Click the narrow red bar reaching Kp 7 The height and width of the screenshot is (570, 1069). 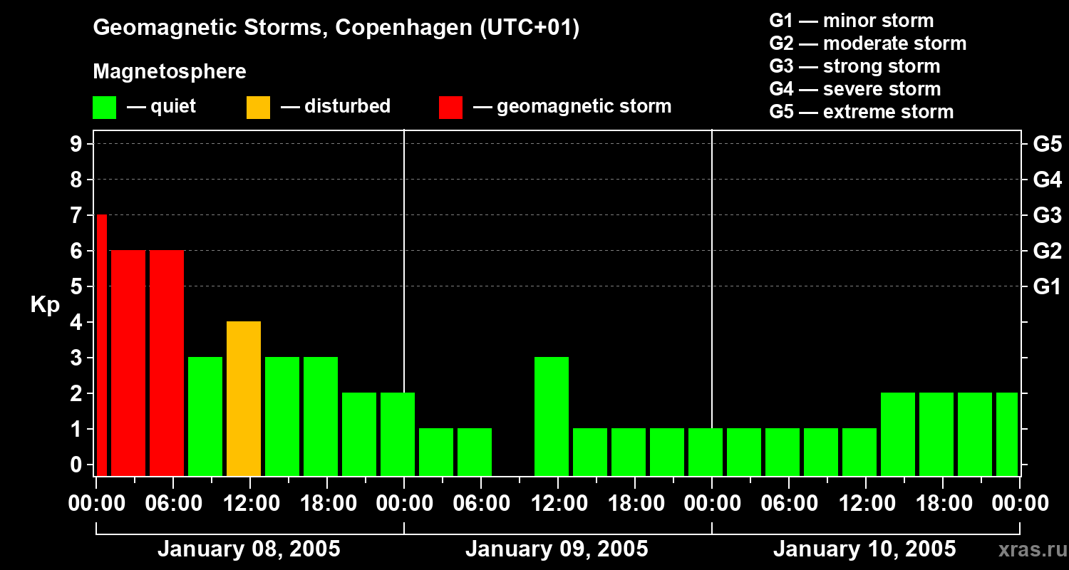(x=101, y=345)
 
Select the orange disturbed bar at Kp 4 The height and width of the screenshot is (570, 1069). (x=244, y=398)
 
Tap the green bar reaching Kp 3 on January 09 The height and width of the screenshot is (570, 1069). (x=552, y=416)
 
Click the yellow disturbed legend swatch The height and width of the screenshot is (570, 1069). (x=258, y=108)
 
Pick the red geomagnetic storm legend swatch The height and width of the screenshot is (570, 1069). (x=450, y=108)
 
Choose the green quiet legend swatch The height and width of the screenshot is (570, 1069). (x=104, y=108)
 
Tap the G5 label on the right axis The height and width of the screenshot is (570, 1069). (x=1047, y=144)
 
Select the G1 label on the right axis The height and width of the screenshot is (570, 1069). (x=1047, y=287)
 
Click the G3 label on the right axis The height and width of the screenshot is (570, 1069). (x=1047, y=215)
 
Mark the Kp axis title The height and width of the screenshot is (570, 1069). (x=45, y=305)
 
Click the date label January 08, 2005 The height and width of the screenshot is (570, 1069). (x=249, y=549)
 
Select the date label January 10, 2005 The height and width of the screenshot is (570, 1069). (x=864, y=549)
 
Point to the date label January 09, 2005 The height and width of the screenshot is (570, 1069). (x=557, y=549)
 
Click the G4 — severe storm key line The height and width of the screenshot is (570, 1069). (x=855, y=89)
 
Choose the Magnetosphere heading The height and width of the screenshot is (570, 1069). (x=170, y=72)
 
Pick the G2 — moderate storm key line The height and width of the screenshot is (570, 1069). (x=868, y=43)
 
